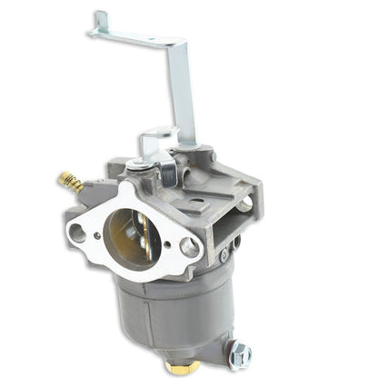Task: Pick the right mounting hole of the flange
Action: pyautogui.click(x=189, y=245)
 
